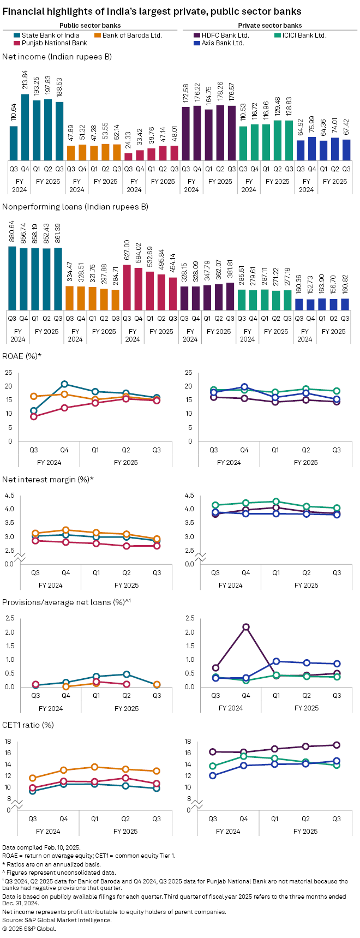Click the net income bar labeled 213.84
[x=25, y=127]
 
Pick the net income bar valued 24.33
[x=128, y=156]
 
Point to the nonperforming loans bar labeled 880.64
[x=12, y=278]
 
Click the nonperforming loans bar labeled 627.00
[x=127, y=287]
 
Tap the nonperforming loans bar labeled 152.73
[x=310, y=304]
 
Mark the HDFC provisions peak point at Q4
[x=246, y=627]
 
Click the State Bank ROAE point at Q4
[x=64, y=384]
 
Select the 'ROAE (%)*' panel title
[x=22, y=356]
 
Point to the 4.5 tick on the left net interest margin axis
[x=9, y=495]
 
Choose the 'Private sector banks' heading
[x=270, y=25]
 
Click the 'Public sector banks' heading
[x=90, y=25]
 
